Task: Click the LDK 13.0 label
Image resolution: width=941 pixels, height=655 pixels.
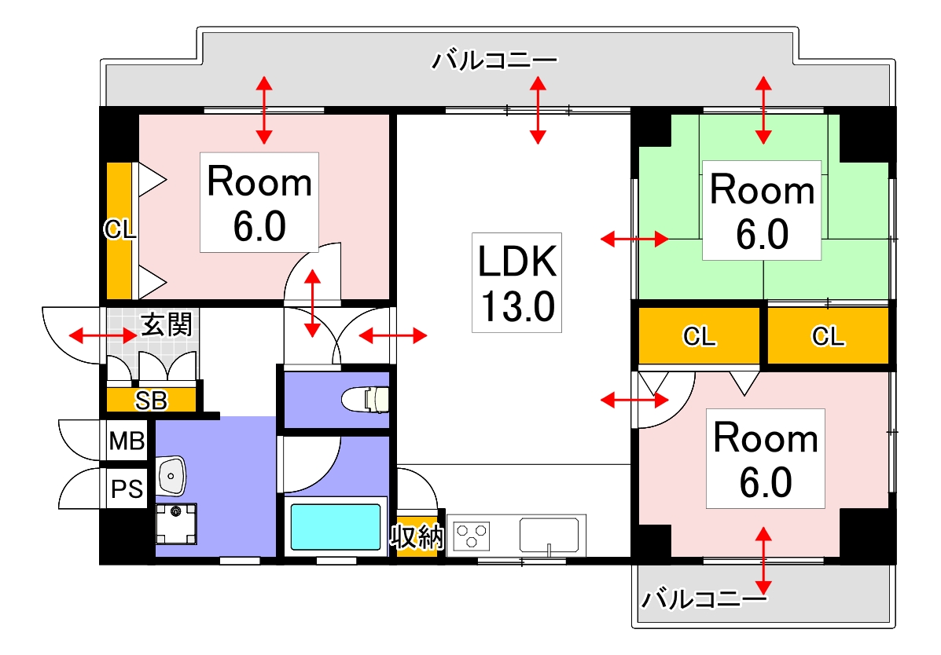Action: pos(516,282)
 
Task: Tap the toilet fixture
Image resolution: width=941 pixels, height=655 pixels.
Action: pos(366,399)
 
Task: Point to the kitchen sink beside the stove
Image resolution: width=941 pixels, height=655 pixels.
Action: pos(552,535)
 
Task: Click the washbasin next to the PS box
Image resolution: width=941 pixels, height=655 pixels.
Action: pos(171,474)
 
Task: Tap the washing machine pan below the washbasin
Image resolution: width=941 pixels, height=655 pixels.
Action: pos(176,521)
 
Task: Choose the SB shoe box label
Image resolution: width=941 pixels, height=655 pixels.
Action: pos(151,401)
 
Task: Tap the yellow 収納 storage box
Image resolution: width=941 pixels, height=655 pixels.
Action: pos(417,538)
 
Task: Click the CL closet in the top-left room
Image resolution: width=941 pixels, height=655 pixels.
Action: pos(119,230)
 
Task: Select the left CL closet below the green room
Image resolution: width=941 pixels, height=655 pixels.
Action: pos(699,337)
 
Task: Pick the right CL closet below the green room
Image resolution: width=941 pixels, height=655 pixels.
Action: pos(828,337)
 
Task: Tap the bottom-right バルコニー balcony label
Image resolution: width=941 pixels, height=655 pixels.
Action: pos(702,601)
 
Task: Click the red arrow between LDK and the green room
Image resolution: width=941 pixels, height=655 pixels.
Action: pos(634,238)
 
